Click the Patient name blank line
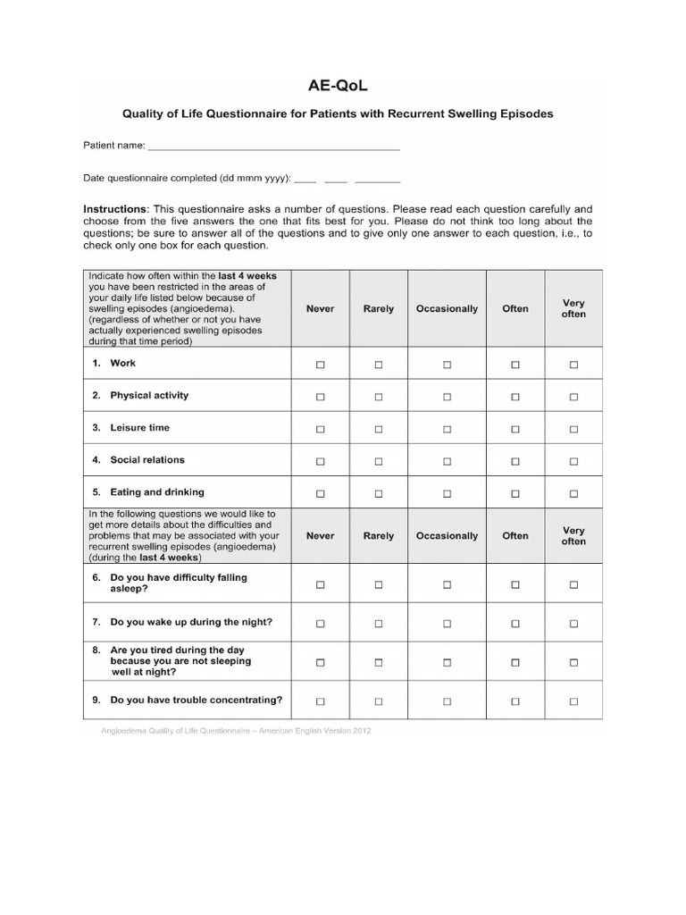pos(273,147)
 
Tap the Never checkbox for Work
pos(320,365)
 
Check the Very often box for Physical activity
pos(573,397)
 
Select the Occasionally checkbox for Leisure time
pos(447,429)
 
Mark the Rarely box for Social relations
pos(378,461)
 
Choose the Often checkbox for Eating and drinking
pos(514,493)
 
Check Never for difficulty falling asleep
pos(320,584)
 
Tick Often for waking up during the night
pos(514,623)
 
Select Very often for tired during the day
pos(573,662)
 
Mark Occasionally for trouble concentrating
pos(447,701)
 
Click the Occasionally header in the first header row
pos(447,309)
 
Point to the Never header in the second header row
pos(320,536)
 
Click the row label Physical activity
pos(149,395)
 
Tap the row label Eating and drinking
pos(156,491)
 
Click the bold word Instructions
pos(115,207)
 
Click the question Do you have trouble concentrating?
pos(196,700)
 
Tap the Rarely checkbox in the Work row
pos(378,365)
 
